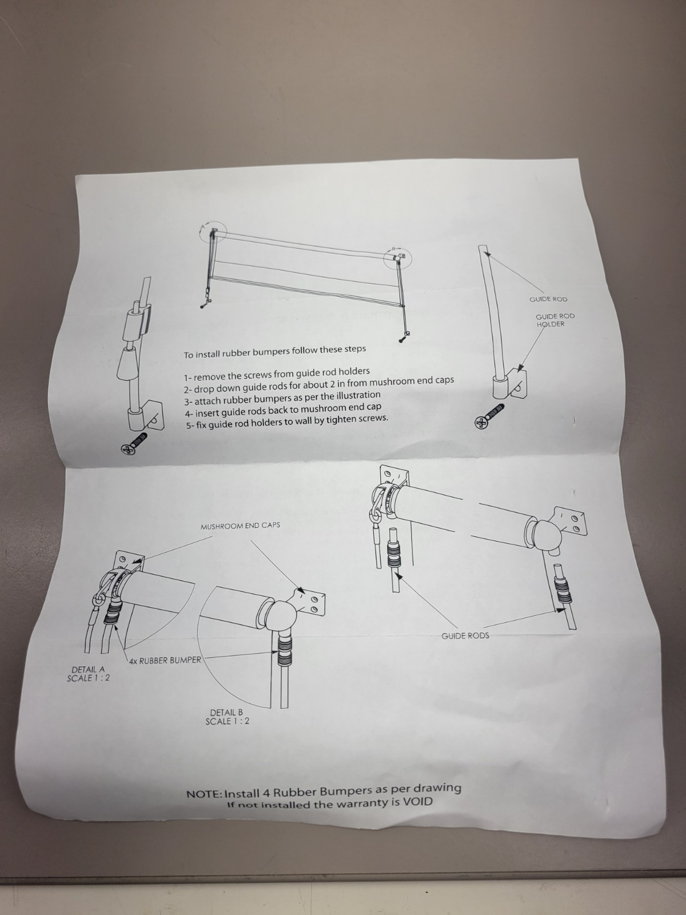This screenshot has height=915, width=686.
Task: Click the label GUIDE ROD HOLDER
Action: point(555,320)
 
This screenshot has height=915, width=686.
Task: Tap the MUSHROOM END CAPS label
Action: point(240,526)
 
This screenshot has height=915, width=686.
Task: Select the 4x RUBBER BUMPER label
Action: point(165,661)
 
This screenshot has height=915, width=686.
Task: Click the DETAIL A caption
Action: point(88,674)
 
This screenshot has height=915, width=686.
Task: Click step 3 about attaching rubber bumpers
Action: point(282,398)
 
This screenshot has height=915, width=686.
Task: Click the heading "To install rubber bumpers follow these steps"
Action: point(275,352)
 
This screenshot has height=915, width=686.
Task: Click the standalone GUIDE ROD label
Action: point(548,299)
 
